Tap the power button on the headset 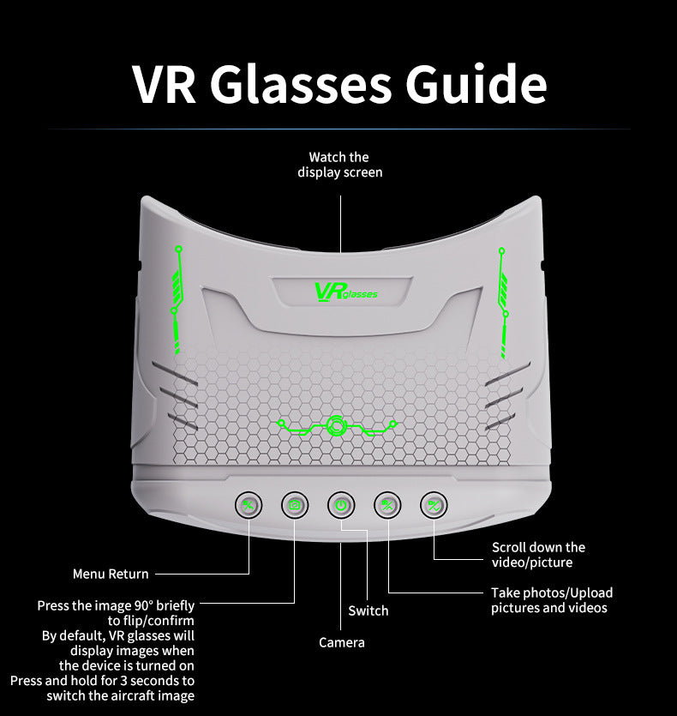341,505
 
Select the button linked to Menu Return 249,505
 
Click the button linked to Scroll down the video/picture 434,505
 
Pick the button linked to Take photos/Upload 387,505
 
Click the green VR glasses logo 345,292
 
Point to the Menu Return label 111,575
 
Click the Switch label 368,611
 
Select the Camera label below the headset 342,642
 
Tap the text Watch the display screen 340,165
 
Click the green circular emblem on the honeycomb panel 335,424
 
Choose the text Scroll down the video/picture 538,555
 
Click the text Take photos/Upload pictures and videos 551,600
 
